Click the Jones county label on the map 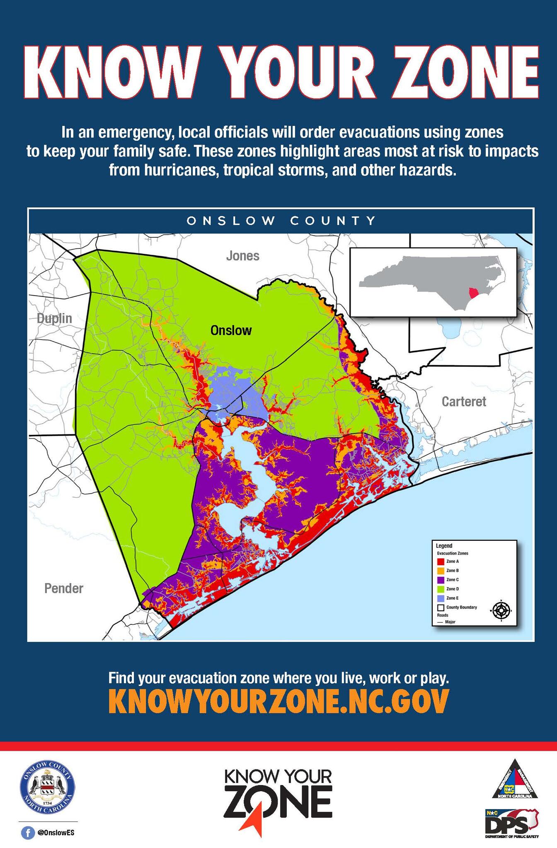(242, 256)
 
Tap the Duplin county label (54, 318)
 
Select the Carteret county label (464, 401)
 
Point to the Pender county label (64, 588)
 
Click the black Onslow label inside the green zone (231, 330)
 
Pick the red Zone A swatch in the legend (441, 561)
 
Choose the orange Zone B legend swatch (441, 571)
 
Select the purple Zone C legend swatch (441, 580)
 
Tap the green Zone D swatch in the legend (441, 589)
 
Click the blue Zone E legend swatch (441, 598)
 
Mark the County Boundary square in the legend (441, 607)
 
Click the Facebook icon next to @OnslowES (27, 833)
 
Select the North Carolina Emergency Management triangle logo (514, 780)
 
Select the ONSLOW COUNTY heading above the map (281, 220)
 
